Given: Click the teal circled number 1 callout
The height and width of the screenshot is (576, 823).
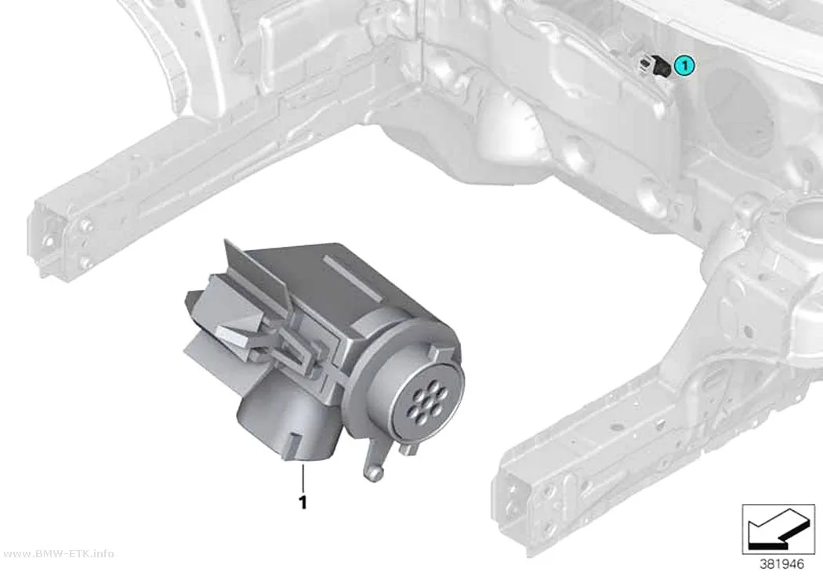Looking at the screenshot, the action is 683,65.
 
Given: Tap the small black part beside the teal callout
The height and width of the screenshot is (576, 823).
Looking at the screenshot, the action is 662,66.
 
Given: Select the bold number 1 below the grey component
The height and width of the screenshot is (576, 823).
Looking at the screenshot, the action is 303,502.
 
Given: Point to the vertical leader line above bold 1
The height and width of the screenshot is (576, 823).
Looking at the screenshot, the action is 303,477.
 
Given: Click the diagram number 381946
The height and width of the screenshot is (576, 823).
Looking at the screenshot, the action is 781,564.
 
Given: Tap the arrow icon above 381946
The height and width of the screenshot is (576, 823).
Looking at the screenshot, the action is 778,529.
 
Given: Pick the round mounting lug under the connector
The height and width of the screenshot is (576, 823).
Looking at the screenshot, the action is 372,472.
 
